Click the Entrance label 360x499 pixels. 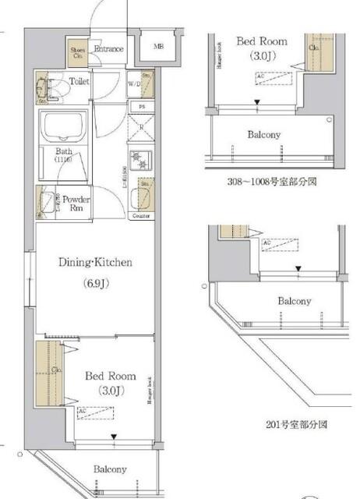(x=108, y=49)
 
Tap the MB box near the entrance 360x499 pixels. (x=157, y=47)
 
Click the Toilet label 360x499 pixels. (x=79, y=80)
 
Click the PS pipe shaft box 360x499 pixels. (x=142, y=106)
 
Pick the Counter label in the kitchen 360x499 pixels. (x=140, y=215)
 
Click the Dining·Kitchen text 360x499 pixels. (x=96, y=263)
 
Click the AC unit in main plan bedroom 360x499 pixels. (x=95, y=412)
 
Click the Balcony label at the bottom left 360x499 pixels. (x=111, y=469)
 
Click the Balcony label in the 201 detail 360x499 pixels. (x=295, y=301)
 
